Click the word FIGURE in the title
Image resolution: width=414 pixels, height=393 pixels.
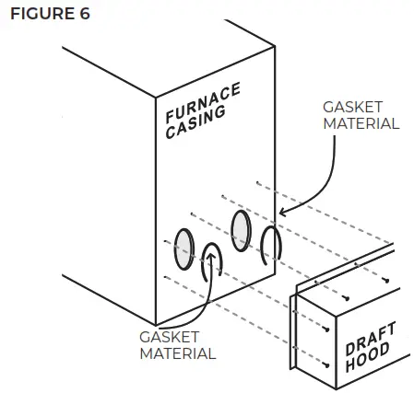point(37,16)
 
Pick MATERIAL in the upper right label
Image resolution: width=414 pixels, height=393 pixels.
point(361,122)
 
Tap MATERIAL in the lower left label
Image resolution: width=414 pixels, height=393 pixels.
point(177,353)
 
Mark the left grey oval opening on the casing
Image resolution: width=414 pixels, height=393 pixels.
point(183,248)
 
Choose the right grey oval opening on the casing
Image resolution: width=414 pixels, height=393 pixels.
point(242,226)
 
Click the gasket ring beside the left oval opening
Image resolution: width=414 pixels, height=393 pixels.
point(212,262)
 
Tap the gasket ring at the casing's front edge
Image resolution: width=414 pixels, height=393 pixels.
point(270,244)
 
